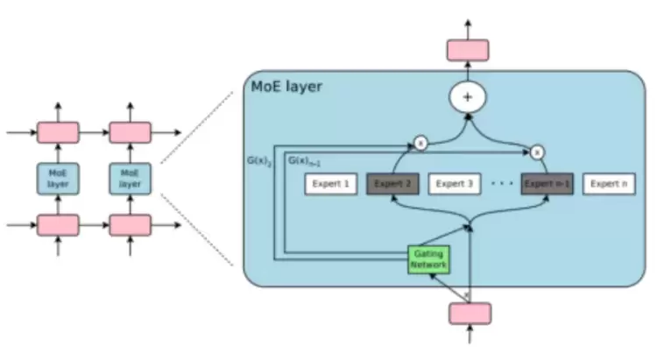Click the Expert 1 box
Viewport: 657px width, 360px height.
pos(330,185)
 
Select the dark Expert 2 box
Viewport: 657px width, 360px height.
pos(392,185)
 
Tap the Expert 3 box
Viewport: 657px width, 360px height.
pos(454,185)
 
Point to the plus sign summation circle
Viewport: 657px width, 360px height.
pos(467,97)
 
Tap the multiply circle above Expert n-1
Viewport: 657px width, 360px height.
pos(537,152)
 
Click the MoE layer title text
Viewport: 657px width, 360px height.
pos(286,88)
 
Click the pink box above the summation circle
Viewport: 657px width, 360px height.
pos(468,50)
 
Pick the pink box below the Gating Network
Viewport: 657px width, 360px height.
pos(470,313)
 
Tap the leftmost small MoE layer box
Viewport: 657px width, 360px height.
pos(59,178)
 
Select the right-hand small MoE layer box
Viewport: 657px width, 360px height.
pos(130,178)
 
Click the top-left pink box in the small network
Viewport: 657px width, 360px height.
pos(59,133)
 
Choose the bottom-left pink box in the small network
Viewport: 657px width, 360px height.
pos(59,225)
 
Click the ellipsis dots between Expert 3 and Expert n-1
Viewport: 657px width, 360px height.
pos(501,185)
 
